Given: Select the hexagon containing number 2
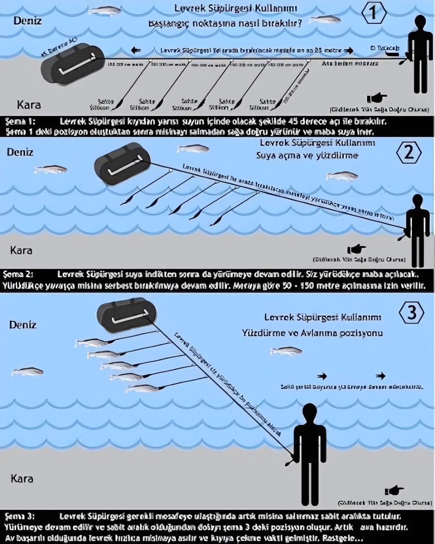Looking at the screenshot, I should pos(408,153).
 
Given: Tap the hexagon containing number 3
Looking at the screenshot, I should pos(411,313).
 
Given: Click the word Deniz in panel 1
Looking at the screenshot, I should pos(27,21).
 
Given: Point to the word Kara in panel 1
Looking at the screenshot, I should pos(29,105).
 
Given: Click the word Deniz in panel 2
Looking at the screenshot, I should pos(20,152).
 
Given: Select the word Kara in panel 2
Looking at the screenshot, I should pos(21,250).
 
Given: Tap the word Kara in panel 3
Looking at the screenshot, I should pos(22,478).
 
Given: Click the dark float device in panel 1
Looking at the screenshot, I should pos(72,64).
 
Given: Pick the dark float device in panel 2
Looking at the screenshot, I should pos(122,164).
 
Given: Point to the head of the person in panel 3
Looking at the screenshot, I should pos(309,412).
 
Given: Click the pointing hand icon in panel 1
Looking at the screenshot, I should pos(377,98).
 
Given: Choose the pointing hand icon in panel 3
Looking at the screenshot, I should pos(394,490).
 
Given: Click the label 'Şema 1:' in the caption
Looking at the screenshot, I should pos(21,121).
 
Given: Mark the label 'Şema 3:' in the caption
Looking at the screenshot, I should pos(20,516).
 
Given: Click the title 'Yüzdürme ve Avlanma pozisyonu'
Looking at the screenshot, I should pos(312,333).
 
